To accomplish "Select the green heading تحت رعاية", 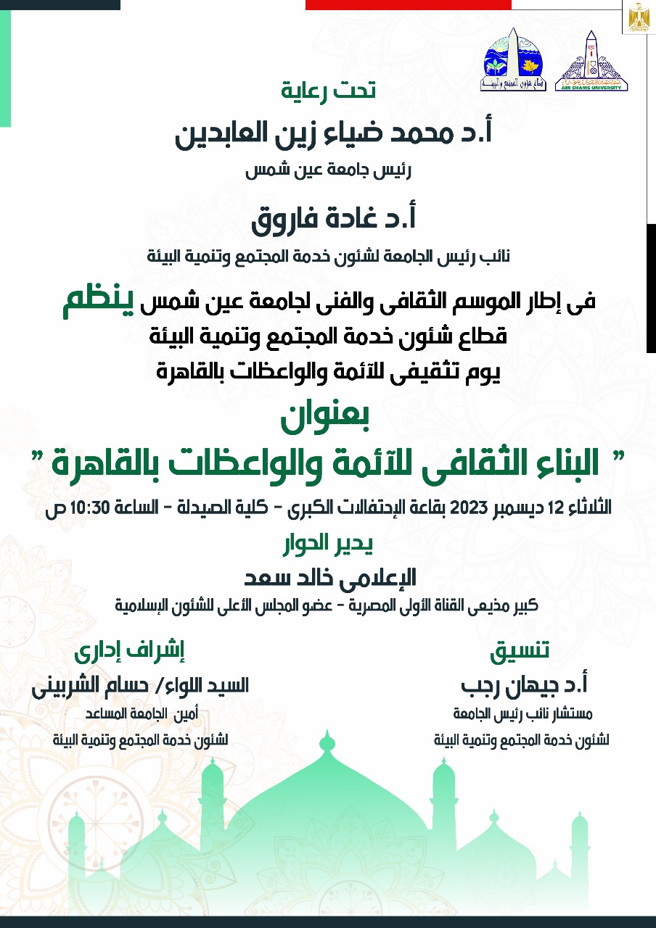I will (329, 91).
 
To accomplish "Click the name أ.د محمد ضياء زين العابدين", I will (335, 136).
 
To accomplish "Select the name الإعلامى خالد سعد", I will (330, 578).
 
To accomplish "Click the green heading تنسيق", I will (519, 651).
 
